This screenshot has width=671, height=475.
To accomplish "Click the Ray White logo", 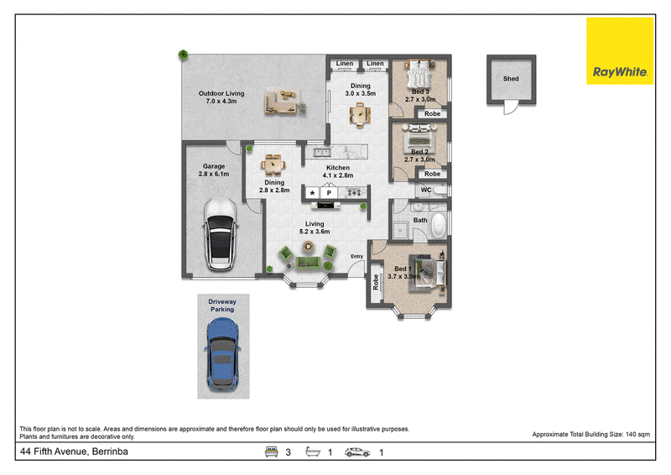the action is pos(620,51).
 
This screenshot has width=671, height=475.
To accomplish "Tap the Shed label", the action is pos(511,79).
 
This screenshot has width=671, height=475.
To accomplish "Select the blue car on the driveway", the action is pos(222,354).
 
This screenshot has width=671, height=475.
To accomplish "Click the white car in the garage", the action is pos(221,234).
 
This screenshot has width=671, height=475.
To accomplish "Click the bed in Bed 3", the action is pos(419,76).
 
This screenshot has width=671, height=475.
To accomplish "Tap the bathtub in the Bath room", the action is pos(439,225).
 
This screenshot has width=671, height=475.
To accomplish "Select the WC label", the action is pos(426,190).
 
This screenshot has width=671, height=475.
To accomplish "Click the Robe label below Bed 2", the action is pos(432,174).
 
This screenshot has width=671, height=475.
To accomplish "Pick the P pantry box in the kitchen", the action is pos(329,193).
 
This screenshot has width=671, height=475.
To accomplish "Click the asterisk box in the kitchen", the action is pos(312,193).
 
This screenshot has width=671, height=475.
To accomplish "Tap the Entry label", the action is pos(357,257).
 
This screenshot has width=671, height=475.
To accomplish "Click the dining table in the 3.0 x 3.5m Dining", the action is pos(361,115).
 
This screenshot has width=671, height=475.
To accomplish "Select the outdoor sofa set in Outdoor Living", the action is pos(282,102).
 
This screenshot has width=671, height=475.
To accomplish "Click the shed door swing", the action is pos(511,108).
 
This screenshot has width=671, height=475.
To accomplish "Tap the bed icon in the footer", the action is pos(271,452).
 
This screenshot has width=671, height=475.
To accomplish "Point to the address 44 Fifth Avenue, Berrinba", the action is pos(74,452).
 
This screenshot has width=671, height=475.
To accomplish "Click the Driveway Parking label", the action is pos(222,305).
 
